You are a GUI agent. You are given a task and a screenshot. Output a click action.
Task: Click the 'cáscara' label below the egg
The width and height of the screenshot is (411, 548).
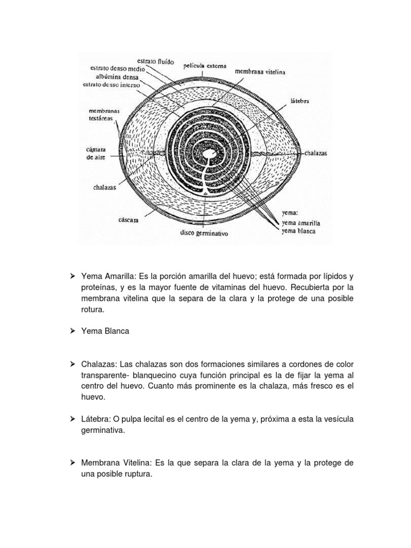(131, 219)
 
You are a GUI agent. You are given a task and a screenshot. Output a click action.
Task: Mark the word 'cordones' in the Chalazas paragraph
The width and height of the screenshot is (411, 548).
(299, 364)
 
